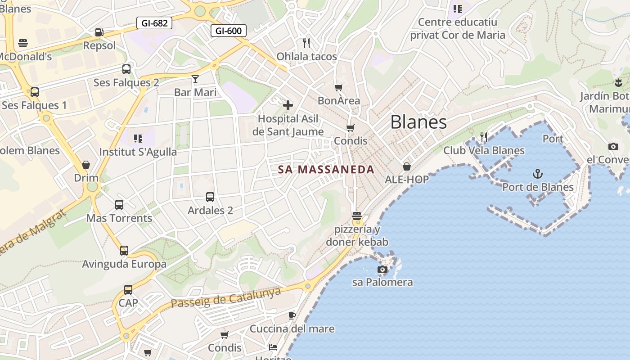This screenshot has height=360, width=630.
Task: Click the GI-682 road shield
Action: point(154,23)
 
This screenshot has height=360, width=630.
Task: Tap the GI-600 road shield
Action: point(229,31)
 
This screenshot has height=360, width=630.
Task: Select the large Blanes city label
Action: point(418,122)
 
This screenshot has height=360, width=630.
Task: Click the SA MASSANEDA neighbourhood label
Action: point(326,170)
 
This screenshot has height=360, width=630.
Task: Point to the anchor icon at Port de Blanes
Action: point(537,174)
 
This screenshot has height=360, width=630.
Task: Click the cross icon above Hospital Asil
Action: point(288,105)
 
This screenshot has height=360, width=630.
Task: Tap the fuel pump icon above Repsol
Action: point(99,32)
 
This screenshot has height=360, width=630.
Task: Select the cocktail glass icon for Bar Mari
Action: point(195,79)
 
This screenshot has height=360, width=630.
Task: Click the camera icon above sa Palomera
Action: point(382,270)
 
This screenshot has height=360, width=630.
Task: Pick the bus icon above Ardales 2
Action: point(210,197)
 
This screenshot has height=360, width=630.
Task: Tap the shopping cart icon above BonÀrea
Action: point(338,87)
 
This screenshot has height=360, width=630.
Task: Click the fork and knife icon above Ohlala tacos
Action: point(306,43)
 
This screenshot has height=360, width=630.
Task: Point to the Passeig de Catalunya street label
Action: point(226,298)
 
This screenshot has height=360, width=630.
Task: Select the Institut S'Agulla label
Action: point(138,152)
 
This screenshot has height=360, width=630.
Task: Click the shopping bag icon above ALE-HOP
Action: point(407,166)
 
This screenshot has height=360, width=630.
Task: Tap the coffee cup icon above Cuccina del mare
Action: point(292,315)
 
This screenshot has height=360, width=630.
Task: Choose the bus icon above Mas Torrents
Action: point(119,205)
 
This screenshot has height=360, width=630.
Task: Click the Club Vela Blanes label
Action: point(484,150)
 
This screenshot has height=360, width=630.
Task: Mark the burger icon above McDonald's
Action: point(23,43)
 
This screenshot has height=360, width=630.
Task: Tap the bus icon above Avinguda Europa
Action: point(124,251)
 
